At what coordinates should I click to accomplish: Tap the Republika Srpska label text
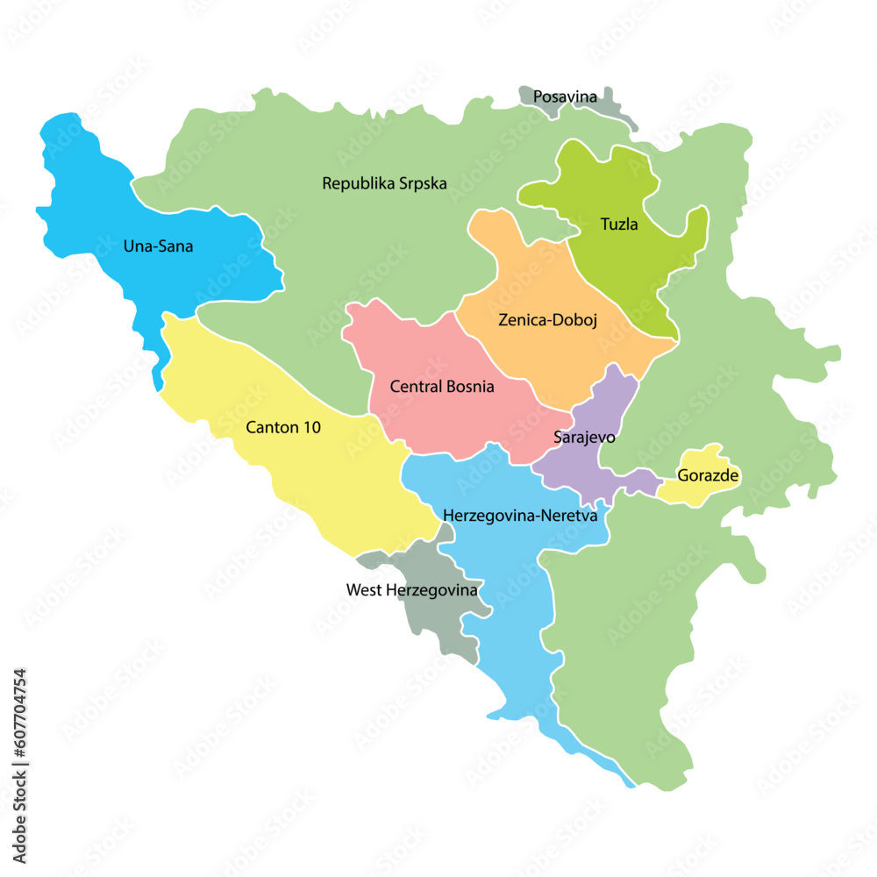click(384, 184)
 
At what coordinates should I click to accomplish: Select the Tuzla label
click(619, 225)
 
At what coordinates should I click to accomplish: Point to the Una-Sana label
click(158, 246)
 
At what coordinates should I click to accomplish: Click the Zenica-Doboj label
click(547, 320)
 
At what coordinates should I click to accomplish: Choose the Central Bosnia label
click(442, 387)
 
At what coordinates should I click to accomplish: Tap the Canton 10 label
click(283, 428)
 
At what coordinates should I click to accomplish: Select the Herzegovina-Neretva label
click(520, 516)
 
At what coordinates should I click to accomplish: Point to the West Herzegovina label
click(412, 590)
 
